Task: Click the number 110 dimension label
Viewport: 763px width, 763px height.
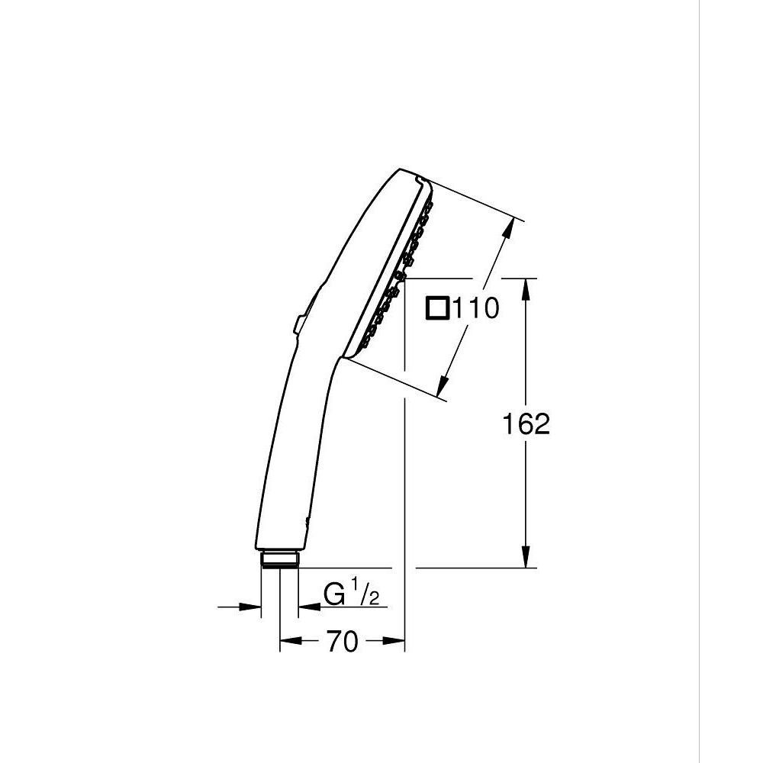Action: tap(476, 309)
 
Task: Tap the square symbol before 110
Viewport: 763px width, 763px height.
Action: tap(438, 308)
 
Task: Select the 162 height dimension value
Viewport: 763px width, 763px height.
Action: tap(526, 424)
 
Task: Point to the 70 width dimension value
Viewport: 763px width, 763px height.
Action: tap(343, 643)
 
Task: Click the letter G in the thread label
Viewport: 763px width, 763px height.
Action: tap(333, 594)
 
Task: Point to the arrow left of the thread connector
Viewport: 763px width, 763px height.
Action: tap(251, 607)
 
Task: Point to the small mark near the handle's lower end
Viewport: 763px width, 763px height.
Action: tap(307, 521)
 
